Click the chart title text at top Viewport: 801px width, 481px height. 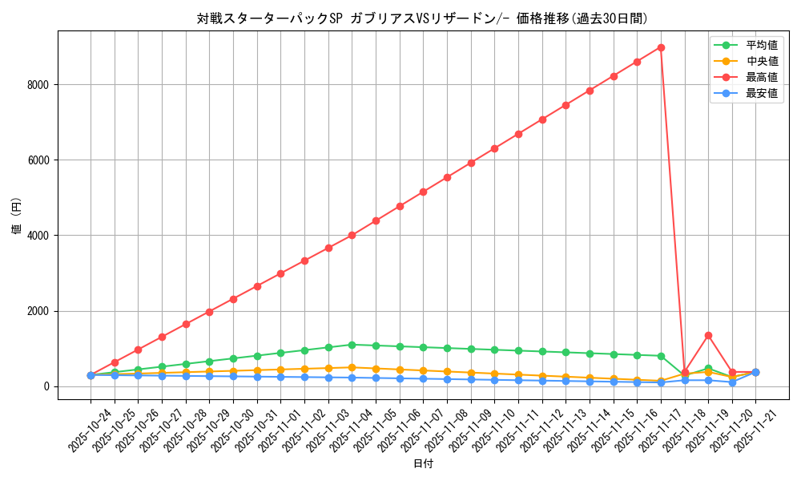[422, 18]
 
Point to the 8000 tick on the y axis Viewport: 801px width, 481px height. [38, 85]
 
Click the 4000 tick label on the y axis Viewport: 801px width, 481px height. [38, 236]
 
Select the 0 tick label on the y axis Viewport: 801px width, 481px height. [46, 386]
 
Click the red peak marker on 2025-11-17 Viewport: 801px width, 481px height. [661, 47]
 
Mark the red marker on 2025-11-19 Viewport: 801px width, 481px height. [708, 335]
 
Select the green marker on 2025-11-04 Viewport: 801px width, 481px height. [352, 345]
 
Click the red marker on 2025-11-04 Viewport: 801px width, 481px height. [352, 235]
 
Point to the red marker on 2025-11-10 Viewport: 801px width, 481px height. [494, 148]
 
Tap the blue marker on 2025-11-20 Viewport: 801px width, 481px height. [732, 382]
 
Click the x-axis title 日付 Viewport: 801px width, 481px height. [423, 464]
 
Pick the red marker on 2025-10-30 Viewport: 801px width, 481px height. [233, 299]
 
